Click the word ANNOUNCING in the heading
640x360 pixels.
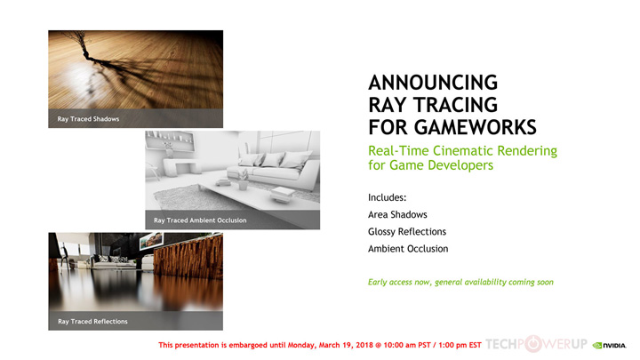433,84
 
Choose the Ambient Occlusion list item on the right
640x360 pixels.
408,249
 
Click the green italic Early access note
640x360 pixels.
460,282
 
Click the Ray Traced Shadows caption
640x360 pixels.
88,118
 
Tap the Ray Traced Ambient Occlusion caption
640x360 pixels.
200,220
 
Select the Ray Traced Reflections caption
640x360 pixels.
92,321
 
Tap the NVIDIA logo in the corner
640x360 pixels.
613,345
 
